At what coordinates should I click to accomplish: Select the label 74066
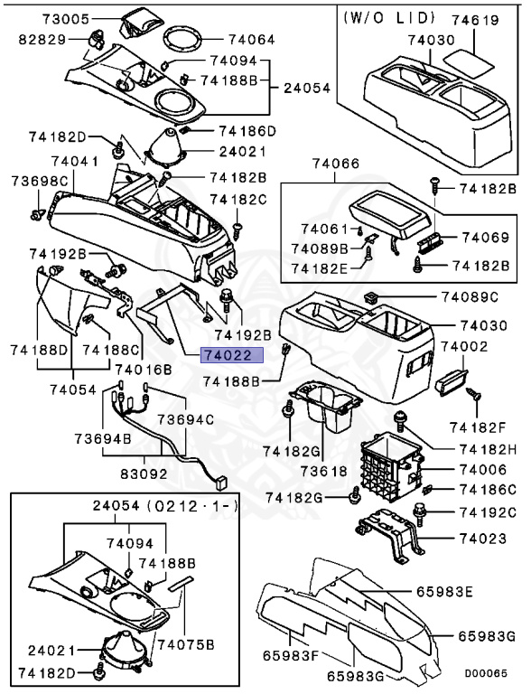point(337,164)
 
